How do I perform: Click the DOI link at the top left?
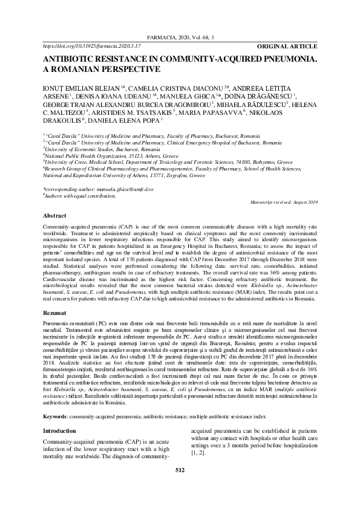91,46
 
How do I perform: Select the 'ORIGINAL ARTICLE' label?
287,46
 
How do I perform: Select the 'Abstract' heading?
54,215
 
